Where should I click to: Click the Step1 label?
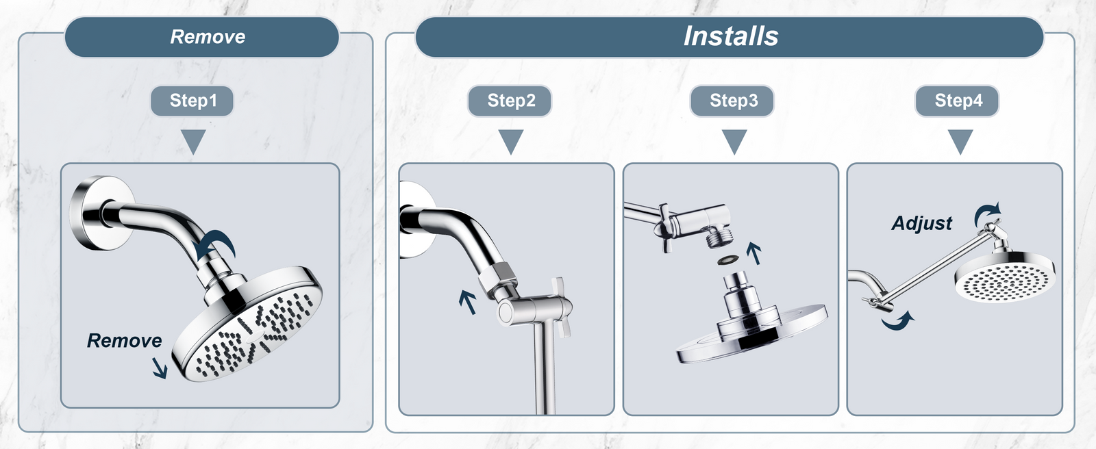[x=192, y=101]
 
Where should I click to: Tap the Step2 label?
[x=510, y=101]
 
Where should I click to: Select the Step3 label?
[x=732, y=101]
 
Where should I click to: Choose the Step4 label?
[x=958, y=101]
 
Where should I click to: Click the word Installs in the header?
[x=730, y=36]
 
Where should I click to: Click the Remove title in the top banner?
[x=208, y=37]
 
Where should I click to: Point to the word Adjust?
[x=922, y=224]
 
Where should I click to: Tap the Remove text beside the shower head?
[x=124, y=340]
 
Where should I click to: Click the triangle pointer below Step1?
[x=193, y=142]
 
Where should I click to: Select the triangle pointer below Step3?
[x=734, y=142]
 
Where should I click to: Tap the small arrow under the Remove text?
[x=160, y=368]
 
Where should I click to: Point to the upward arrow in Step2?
[x=468, y=302]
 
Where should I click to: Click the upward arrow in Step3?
[x=754, y=253]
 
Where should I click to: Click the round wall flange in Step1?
[x=102, y=213]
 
